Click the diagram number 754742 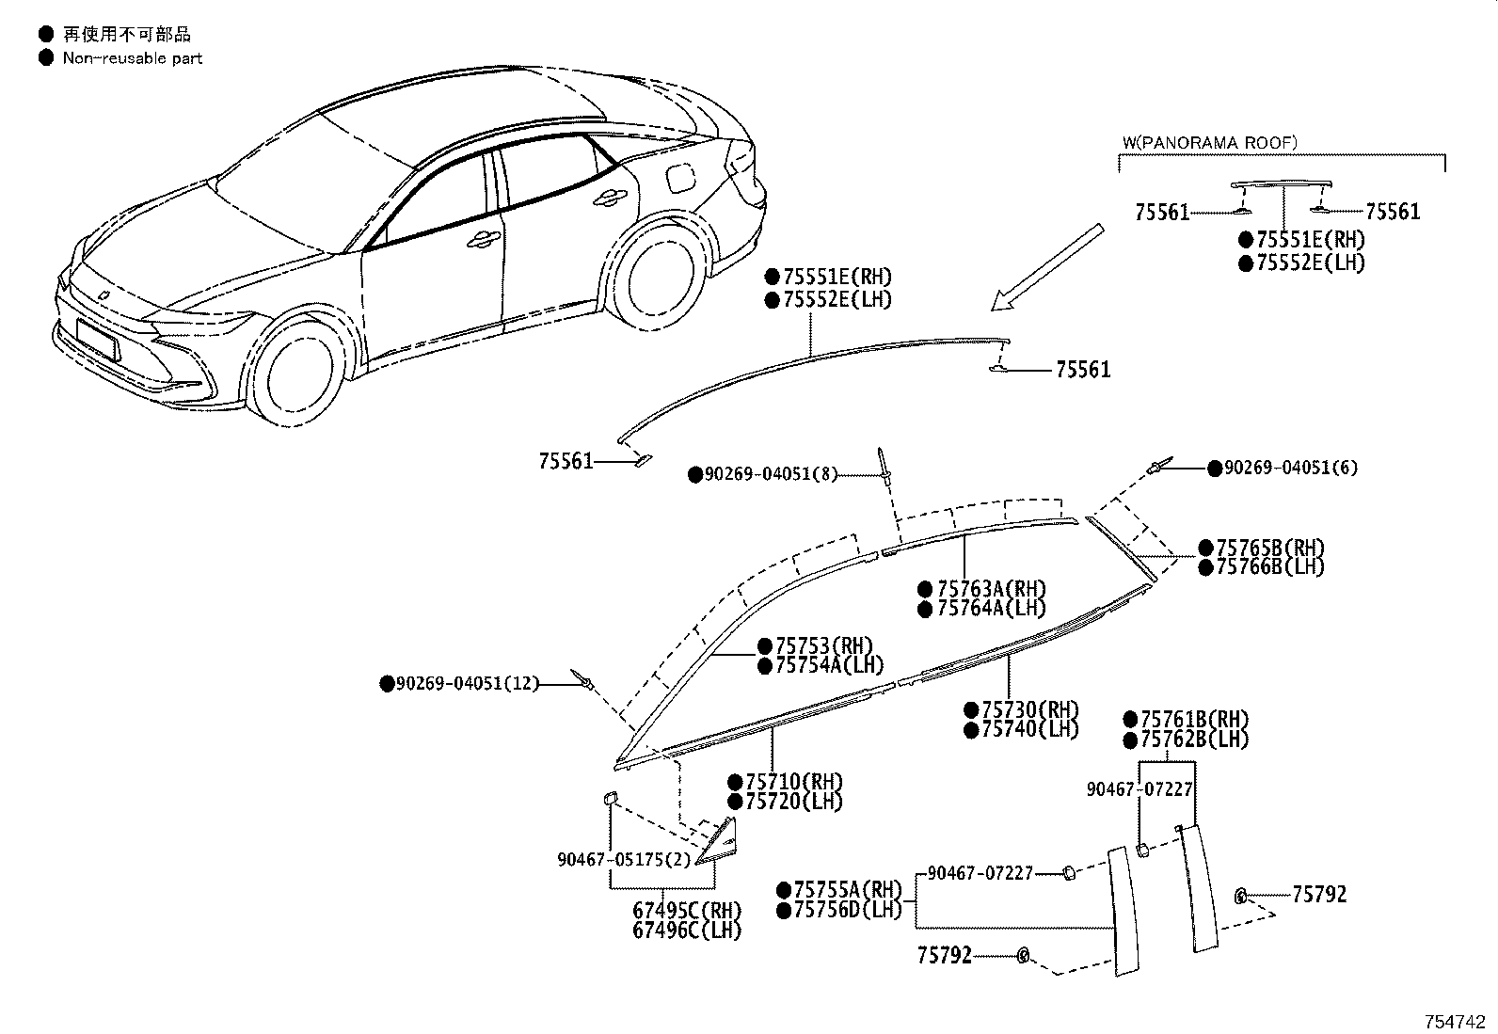coord(1455,1022)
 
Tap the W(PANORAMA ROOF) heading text coord(1209,142)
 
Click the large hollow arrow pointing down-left coord(1047,267)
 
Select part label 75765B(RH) coord(1270,548)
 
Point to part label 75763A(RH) coord(991,589)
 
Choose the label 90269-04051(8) coord(771,474)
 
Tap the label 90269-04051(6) coord(1291,468)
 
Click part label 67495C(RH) coord(687,910)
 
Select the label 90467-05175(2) coord(623,859)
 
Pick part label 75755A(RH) coord(848,889)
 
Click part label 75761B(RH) coord(1194,719)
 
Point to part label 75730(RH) coord(1029,709)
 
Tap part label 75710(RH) coord(794,781)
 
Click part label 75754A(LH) coord(829,665)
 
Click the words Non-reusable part coord(133,58)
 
